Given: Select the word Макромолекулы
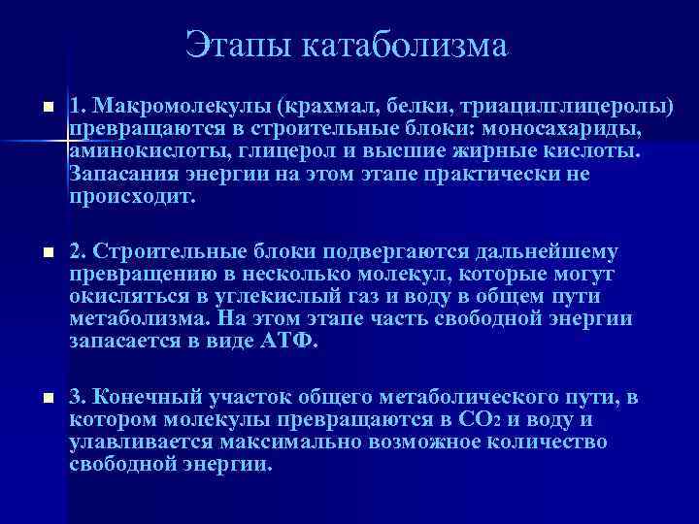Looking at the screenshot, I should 167,106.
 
